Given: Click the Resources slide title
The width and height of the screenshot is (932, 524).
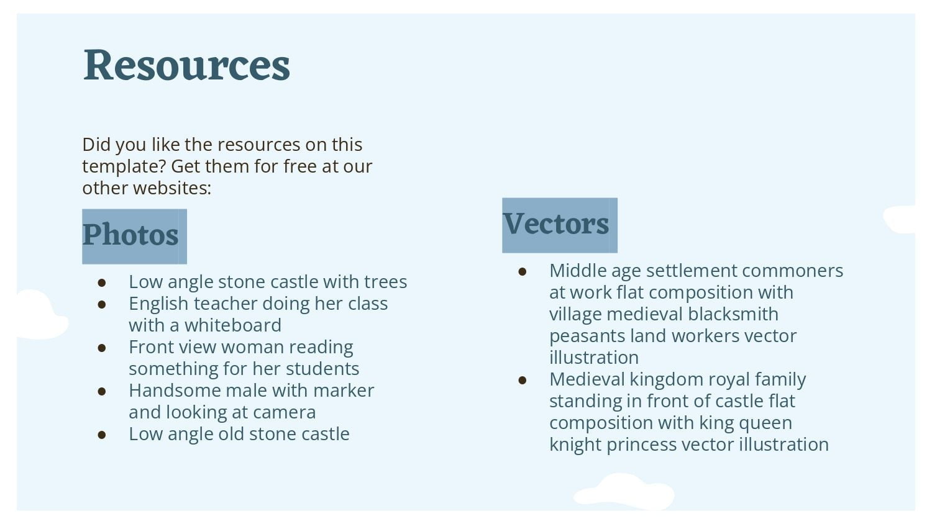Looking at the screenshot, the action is tap(186, 65).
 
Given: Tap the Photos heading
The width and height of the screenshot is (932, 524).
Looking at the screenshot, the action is tap(130, 235).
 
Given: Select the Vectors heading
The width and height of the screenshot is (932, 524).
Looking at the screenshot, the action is tap(556, 224).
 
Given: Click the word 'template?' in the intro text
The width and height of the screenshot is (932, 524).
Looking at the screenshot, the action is tap(124, 167).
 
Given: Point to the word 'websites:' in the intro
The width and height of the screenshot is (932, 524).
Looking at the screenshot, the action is tap(172, 188).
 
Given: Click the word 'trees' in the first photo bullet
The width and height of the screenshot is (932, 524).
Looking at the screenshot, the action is tap(385, 282).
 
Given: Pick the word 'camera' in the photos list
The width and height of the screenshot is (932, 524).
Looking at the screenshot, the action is tap(284, 413).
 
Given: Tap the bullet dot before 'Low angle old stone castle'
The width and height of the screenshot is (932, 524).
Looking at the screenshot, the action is tap(102, 435).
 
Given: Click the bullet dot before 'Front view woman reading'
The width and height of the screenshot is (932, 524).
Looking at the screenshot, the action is tap(102, 348).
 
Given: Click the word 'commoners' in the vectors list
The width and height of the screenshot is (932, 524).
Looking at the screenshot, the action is tap(792, 271).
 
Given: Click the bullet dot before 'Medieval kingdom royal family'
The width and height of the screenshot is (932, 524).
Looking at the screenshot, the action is tap(523, 380).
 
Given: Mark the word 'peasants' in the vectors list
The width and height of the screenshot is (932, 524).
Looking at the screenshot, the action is tap(587, 337).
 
